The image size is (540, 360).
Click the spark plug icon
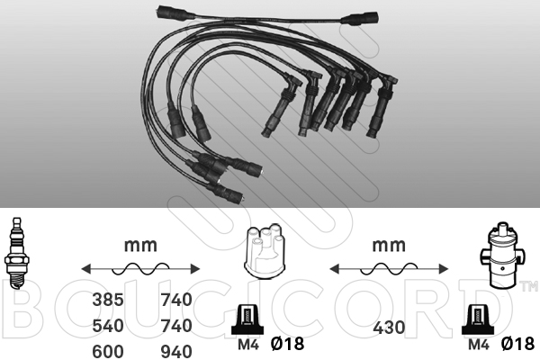(x=16, y=253)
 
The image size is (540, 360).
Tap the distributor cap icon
(x=265, y=252)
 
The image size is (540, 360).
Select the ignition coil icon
(x=502, y=256)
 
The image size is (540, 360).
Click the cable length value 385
(x=108, y=300)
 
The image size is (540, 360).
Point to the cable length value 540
(x=108, y=326)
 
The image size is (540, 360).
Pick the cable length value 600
(x=108, y=351)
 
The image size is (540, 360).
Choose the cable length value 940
(x=176, y=351)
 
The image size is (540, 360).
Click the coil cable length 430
(x=389, y=328)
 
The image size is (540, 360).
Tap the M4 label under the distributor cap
(x=248, y=345)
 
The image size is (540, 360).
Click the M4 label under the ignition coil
(x=479, y=345)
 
